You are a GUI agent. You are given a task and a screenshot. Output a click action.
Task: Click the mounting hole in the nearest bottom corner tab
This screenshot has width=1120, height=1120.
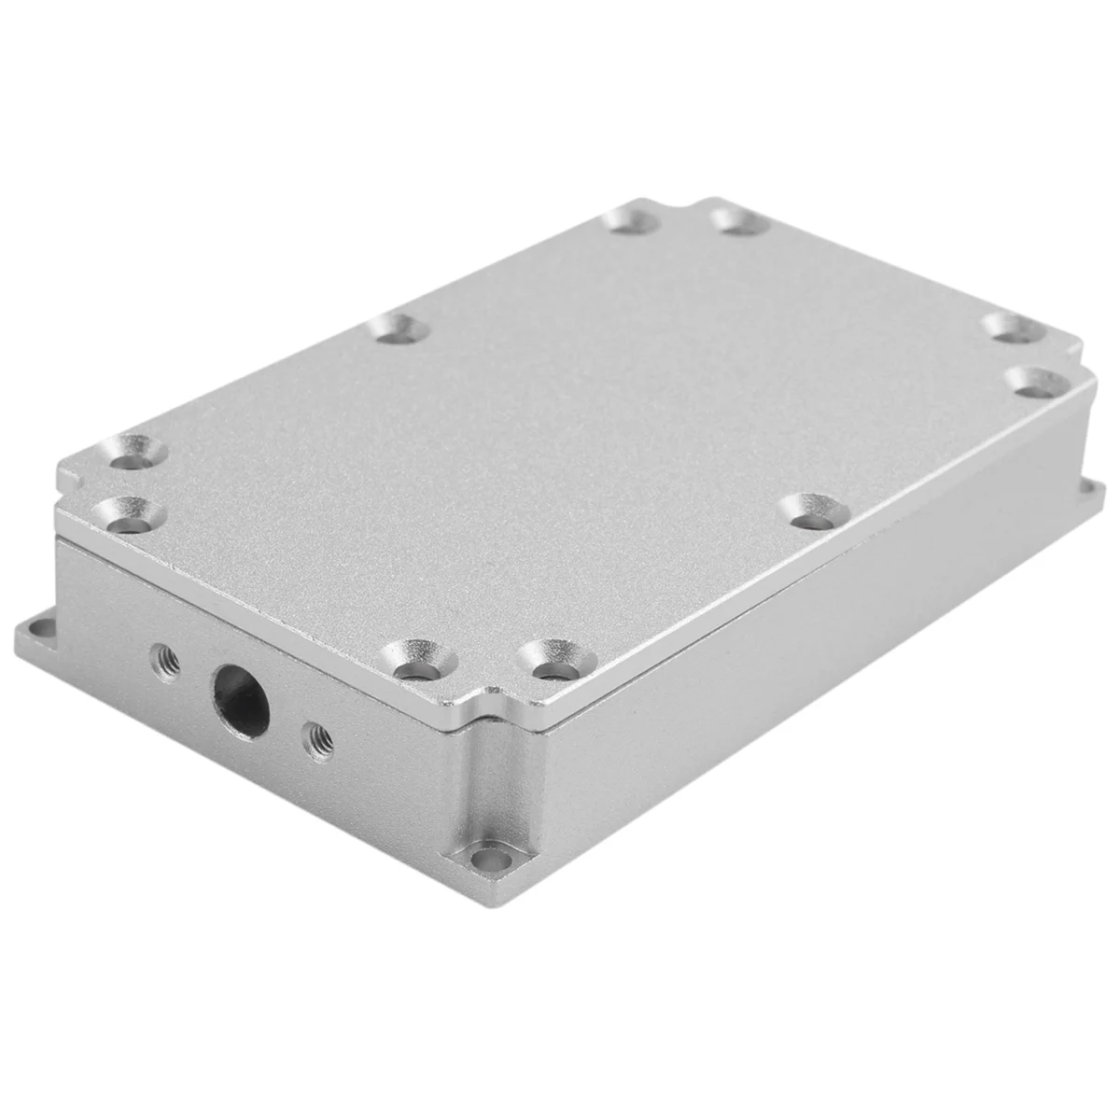[x=484, y=858]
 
